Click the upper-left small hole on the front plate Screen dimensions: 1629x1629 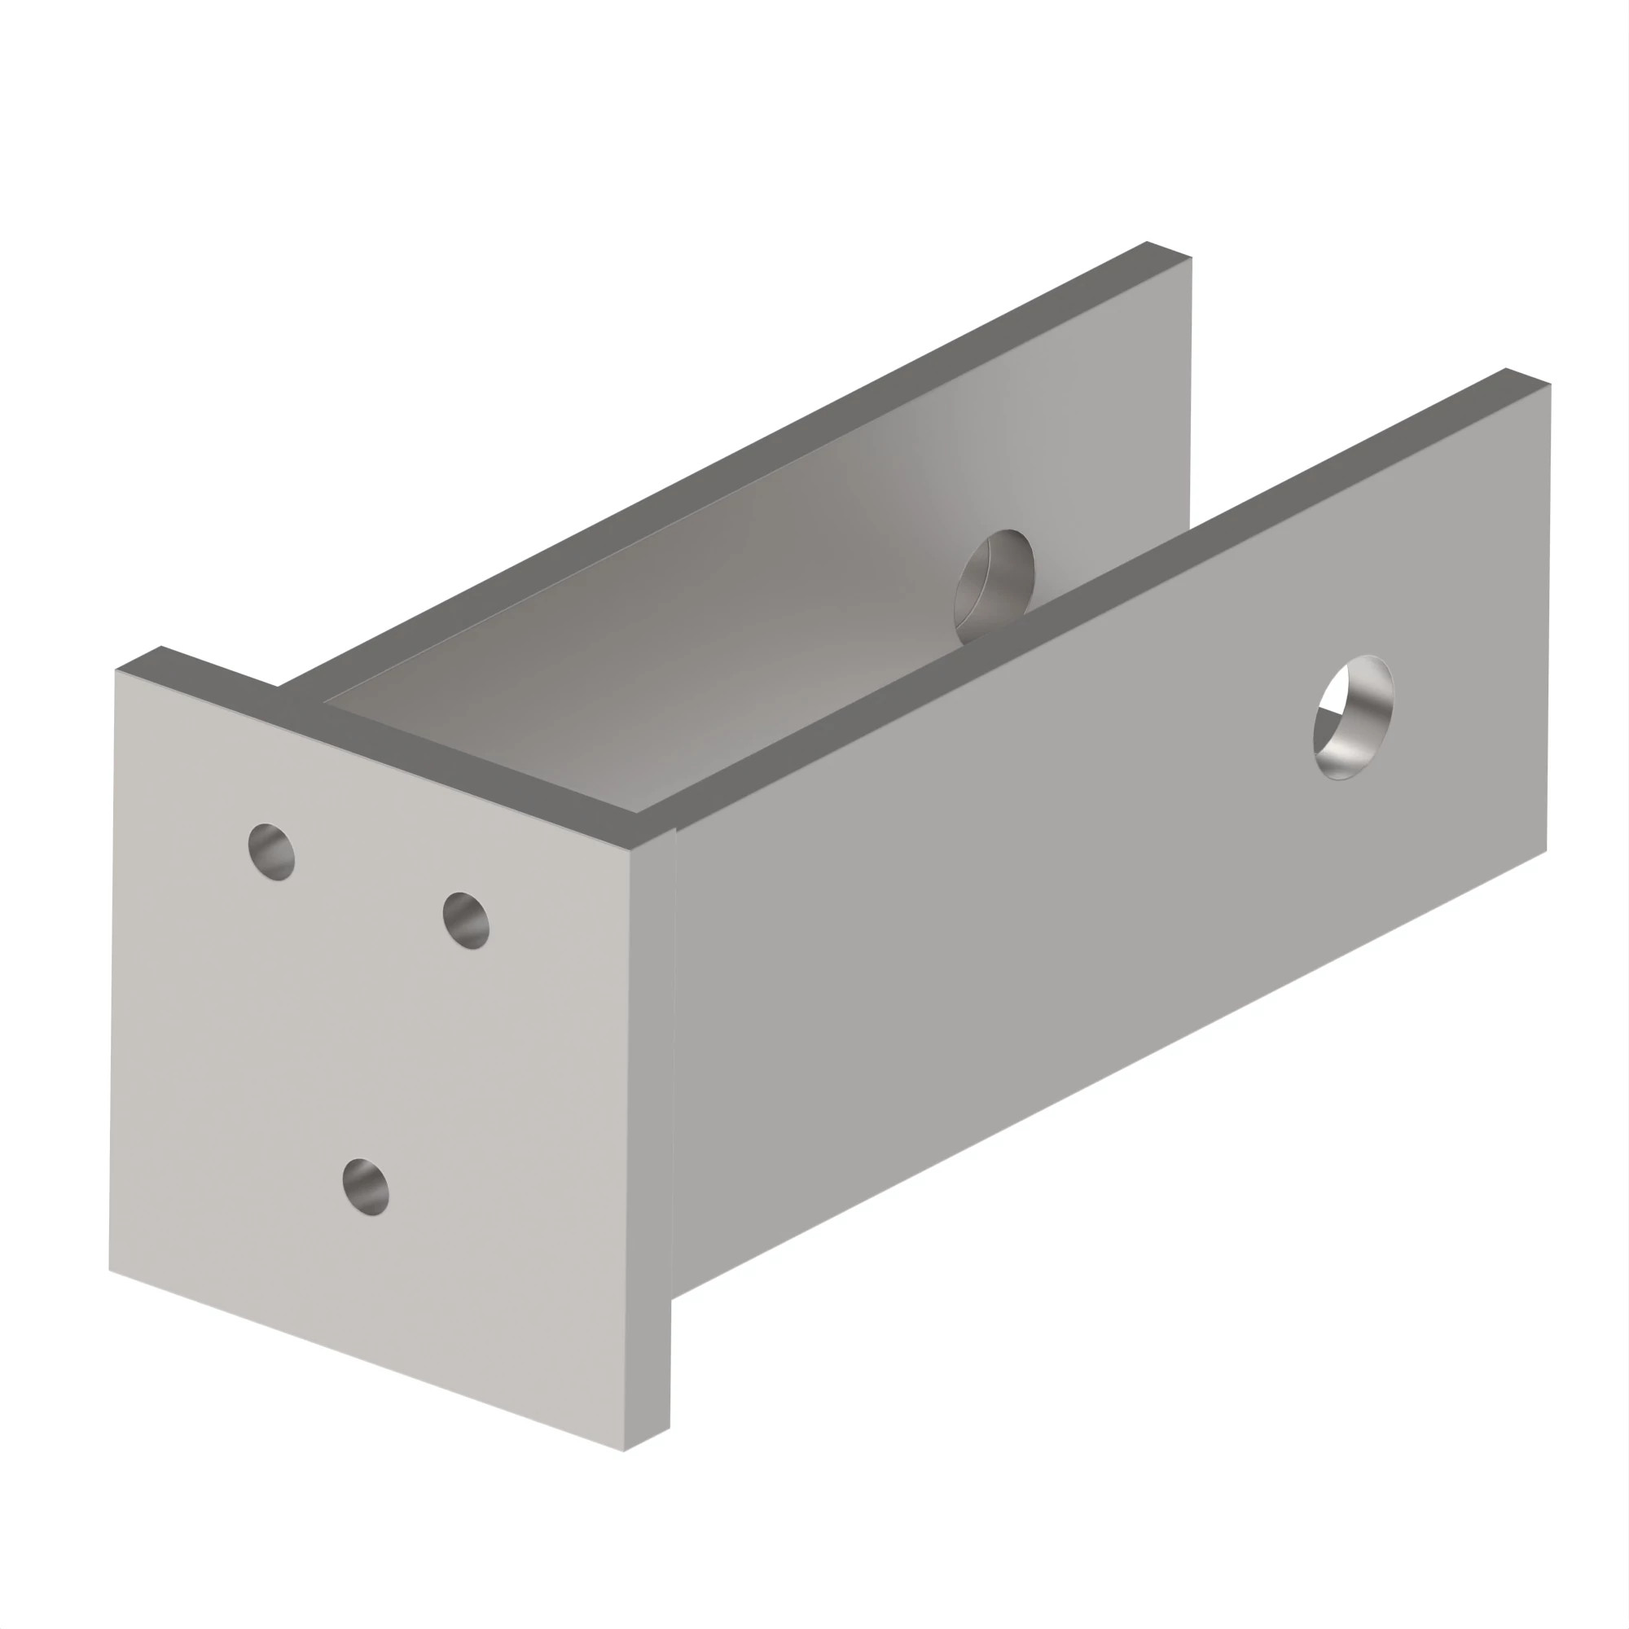tap(271, 852)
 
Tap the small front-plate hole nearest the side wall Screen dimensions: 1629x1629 tap(466, 920)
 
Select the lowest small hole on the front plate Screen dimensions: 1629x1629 tap(366, 1188)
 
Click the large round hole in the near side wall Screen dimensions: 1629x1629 tap(1352, 717)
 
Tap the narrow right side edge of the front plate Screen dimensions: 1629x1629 tap(649, 1139)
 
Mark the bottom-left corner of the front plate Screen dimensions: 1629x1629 tap(110, 1270)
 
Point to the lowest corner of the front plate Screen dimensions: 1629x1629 tap(624, 1451)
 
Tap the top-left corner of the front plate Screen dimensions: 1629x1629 tap(116, 670)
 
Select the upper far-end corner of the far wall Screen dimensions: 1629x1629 tap(1192, 257)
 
